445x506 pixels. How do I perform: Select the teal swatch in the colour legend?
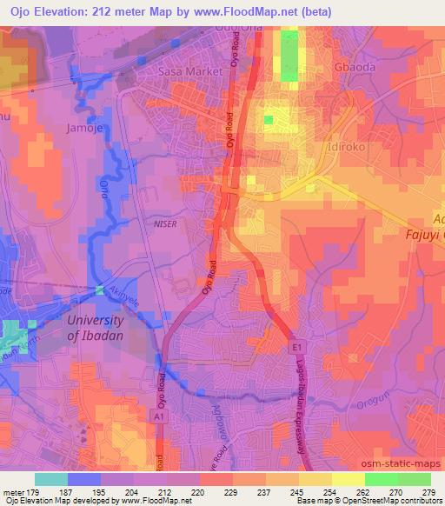[50, 479]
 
